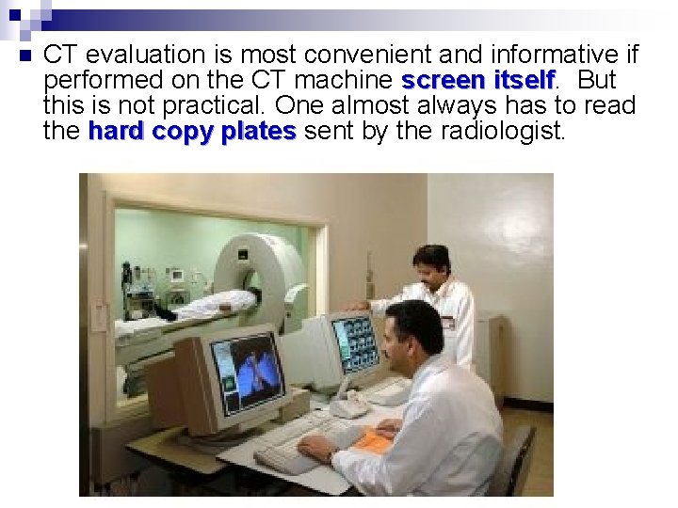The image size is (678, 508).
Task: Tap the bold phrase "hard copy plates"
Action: tap(192, 131)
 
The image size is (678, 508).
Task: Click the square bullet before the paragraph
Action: tap(24, 56)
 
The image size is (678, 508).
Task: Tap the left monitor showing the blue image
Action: tap(248, 373)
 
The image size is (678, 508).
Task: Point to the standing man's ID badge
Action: tap(448, 323)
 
